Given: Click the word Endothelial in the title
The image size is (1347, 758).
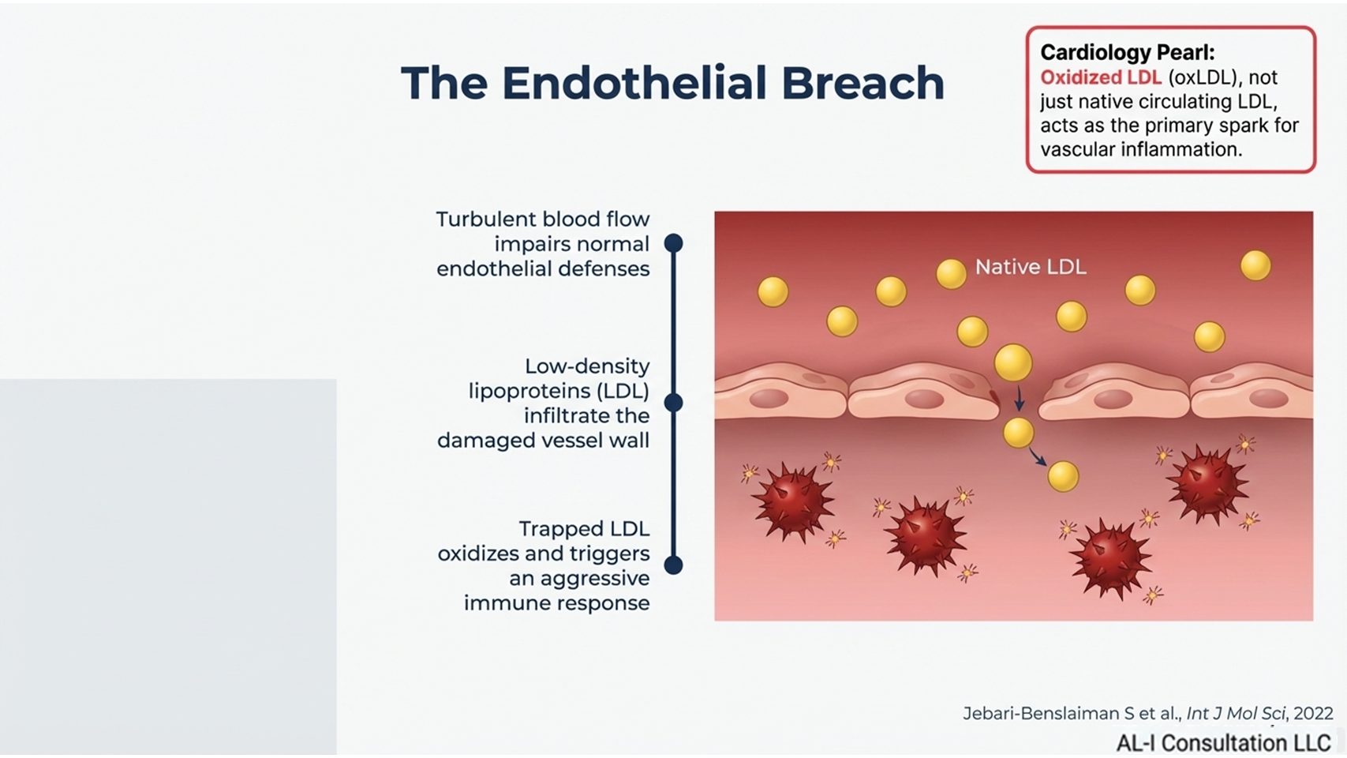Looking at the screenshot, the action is (634, 82).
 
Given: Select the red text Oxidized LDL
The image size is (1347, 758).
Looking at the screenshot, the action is (1100, 77).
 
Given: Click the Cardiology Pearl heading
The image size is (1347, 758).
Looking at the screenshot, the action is (1127, 52).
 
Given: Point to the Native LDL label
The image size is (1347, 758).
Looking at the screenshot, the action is (1031, 268).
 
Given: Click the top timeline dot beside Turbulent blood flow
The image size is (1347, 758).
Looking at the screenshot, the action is (673, 243).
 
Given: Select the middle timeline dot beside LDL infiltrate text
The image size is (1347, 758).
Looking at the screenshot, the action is (673, 403).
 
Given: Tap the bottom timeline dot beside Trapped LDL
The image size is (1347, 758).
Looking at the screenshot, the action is (673, 565).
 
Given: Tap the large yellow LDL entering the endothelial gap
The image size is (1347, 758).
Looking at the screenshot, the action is (1013, 362).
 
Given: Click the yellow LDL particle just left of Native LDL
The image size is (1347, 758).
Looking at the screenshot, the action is (951, 274).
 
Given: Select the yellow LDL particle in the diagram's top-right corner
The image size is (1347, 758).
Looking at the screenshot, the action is (1255, 265).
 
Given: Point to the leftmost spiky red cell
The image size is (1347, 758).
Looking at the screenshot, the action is (791, 501).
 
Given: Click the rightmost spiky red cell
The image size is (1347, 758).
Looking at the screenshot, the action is (1207, 483).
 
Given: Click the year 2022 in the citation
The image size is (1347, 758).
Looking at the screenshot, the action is (1313, 713).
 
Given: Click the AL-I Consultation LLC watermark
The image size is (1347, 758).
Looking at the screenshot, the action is (1223, 743).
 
